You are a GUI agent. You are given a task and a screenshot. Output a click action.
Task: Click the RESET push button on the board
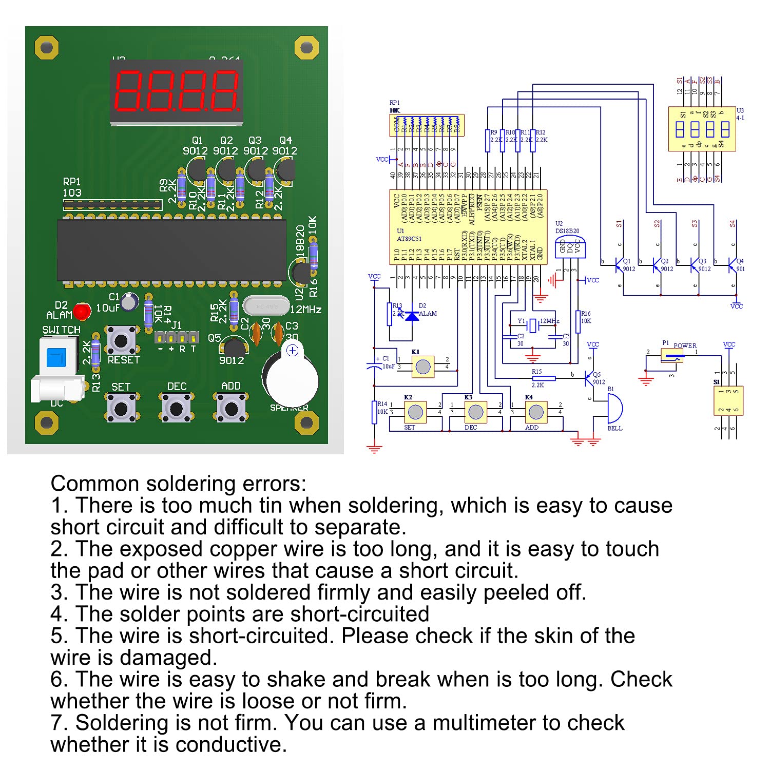121,340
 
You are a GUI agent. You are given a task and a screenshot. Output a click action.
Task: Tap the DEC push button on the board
176,409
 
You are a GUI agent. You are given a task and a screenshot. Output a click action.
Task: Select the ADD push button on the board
231,409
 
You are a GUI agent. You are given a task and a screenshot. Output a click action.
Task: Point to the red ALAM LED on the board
82,311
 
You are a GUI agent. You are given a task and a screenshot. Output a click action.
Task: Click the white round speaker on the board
290,381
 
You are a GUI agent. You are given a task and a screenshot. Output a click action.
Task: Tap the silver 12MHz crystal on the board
265,306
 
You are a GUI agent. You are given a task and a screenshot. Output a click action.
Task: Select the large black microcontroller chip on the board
171,250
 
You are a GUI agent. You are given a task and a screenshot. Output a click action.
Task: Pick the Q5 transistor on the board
234,348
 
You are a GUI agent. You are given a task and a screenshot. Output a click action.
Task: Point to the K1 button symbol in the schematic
423,367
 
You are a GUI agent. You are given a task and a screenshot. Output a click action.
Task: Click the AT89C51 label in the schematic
409,239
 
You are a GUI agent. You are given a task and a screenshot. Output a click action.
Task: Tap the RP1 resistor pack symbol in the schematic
426,125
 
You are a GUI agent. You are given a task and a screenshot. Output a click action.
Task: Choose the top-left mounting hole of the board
47,48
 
